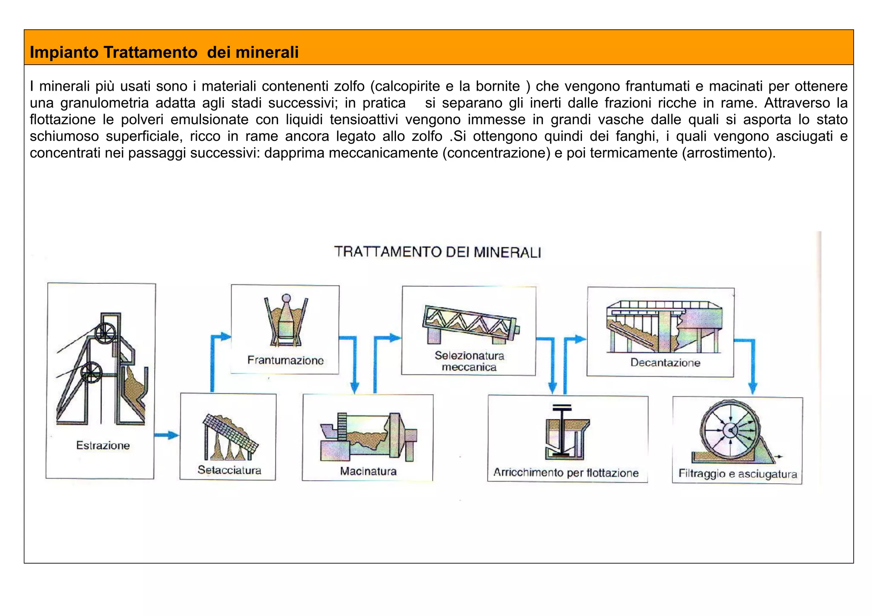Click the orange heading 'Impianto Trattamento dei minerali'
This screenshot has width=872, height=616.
coord(164,52)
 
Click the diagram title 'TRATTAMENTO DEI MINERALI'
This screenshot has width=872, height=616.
coord(437,252)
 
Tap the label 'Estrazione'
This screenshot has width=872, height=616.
coord(103,445)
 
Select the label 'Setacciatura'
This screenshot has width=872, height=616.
coord(229,470)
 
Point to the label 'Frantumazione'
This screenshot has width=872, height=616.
coord(285,360)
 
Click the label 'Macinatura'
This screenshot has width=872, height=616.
coord(368,471)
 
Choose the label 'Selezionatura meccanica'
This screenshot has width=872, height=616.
coord(469,361)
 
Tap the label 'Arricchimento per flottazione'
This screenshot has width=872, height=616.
coord(566,473)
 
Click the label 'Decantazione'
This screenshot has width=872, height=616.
coord(665,362)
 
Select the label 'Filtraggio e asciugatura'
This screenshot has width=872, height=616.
coord(737,474)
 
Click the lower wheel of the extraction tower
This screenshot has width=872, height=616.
coord(91,372)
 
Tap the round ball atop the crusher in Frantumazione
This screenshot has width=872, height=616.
coord(286,298)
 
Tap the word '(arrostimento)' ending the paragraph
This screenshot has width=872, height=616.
coord(729,153)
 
